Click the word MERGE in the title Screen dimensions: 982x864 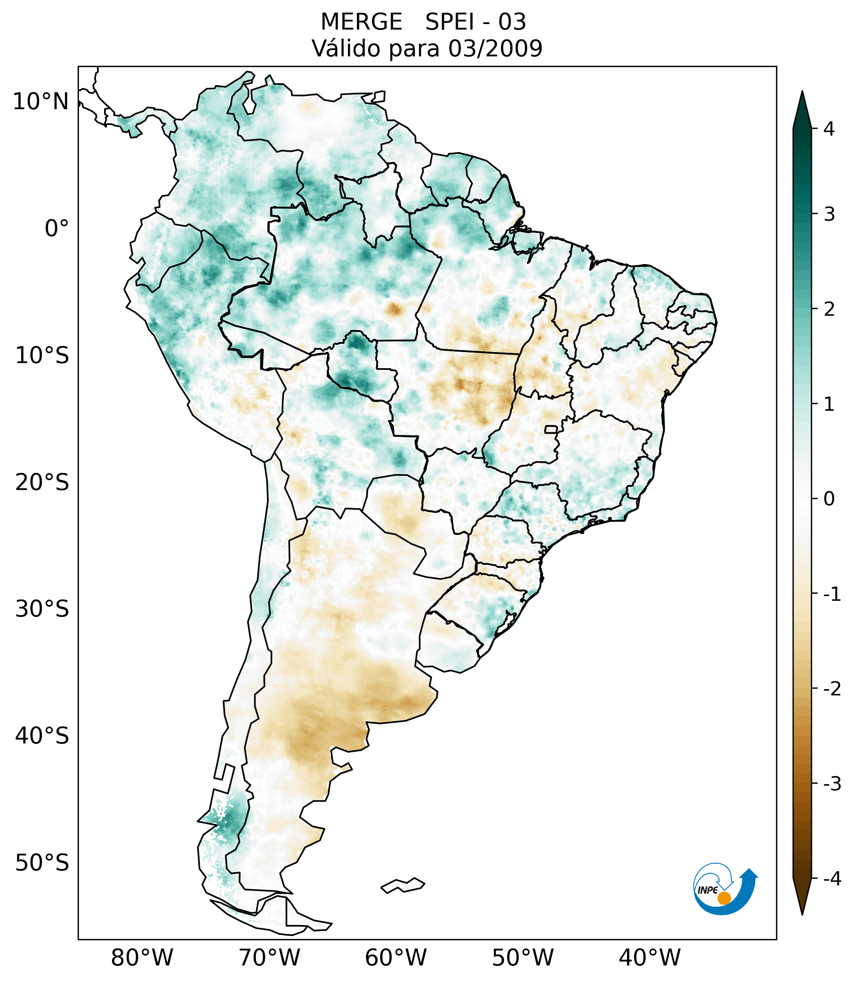coord(361,22)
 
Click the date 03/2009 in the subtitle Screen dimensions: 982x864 coord(495,48)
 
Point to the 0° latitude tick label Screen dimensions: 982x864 coord(57,229)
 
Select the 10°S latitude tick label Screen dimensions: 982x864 coord(42,356)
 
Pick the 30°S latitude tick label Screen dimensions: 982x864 coord(42,609)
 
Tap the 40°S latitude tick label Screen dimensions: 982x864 coord(42,736)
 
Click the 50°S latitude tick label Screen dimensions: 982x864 coord(42,863)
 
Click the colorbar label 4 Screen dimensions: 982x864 coord(829,129)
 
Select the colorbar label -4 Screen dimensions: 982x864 coord(832,879)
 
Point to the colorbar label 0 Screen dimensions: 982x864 coord(829,499)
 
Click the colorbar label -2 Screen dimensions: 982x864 coord(832,689)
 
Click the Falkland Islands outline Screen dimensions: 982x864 coord(403,885)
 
